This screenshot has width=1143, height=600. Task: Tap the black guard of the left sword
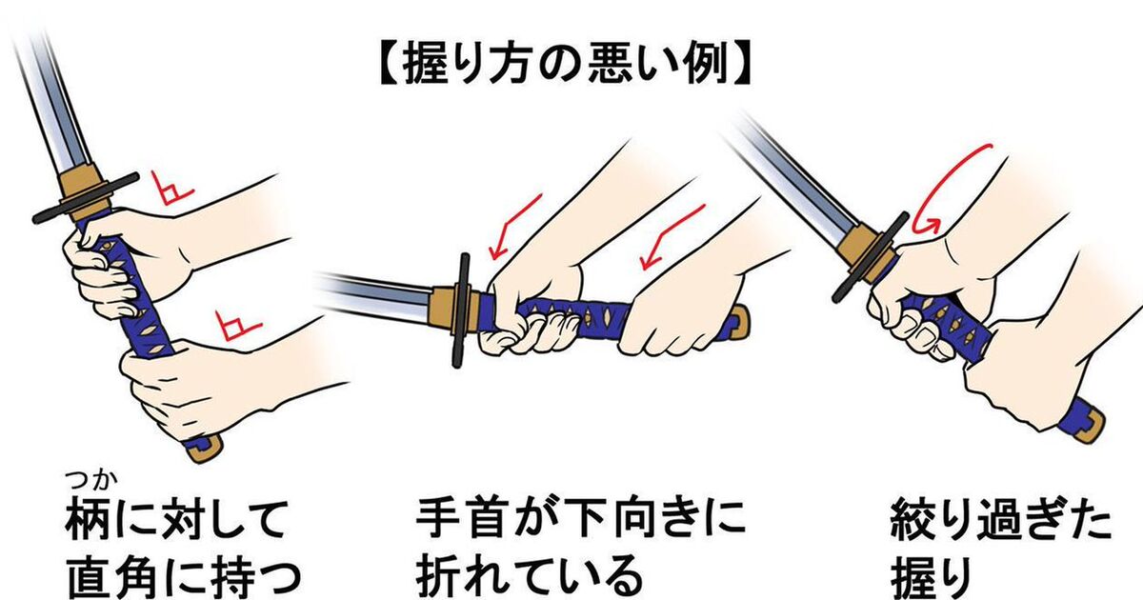click(x=86, y=197)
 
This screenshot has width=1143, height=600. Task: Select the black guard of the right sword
click(x=871, y=257)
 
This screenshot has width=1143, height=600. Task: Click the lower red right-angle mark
click(x=236, y=327)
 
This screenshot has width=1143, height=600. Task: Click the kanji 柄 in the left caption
click(x=87, y=519)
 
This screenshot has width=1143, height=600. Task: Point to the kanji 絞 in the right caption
click(x=913, y=519)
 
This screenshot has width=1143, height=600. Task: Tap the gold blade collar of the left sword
click(x=82, y=192)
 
